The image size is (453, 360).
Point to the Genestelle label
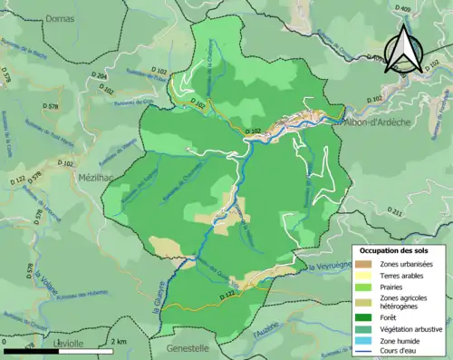tap(188, 347)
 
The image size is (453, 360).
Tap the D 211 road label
tap(395, 212)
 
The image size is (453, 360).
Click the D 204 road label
tap(101, 78)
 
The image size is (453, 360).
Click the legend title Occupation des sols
tap(397, 249)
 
